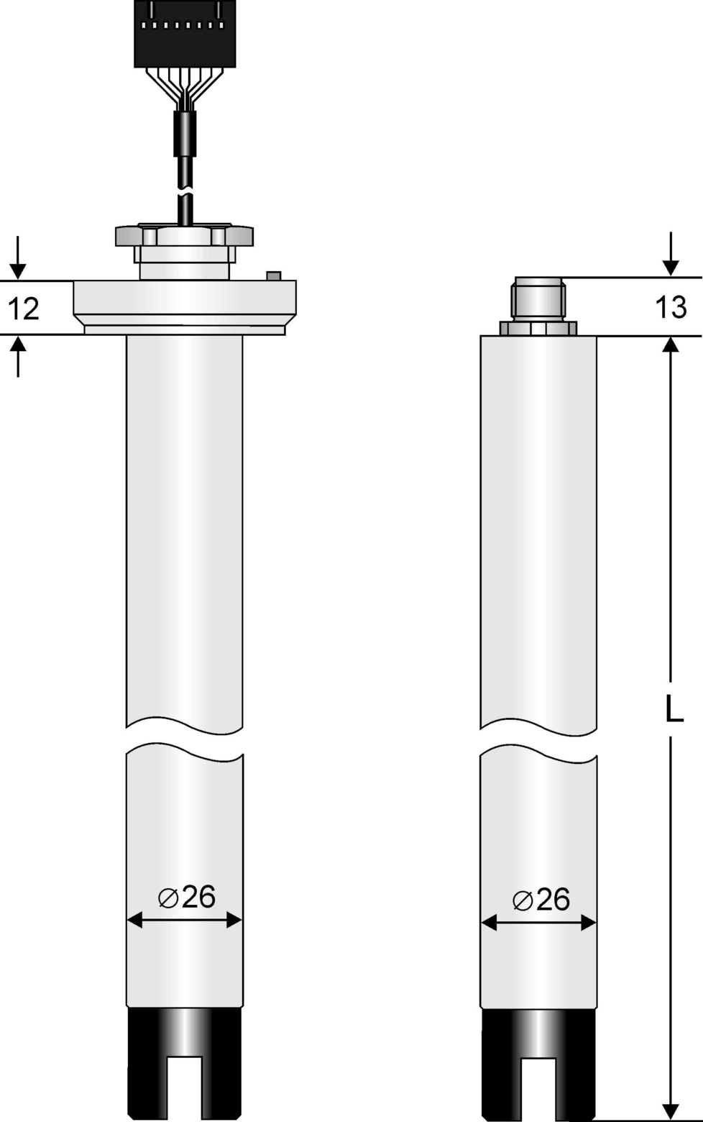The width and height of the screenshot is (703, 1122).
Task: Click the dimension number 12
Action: click(x=24, y=309)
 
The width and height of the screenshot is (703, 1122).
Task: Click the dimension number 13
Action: click(x=671, y=307)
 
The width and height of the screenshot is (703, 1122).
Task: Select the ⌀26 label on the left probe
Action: click(x=186, y=897)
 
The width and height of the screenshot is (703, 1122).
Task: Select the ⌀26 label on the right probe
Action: click(x=541, y=900)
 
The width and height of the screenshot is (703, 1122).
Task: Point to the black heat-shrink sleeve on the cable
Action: click(x=185, y=133)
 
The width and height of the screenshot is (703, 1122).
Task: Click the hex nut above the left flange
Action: click(x=184, y=235)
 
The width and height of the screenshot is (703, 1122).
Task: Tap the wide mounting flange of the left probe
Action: click(x=185, y=307)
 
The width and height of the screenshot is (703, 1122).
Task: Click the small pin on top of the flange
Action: click(x=274, y=275)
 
